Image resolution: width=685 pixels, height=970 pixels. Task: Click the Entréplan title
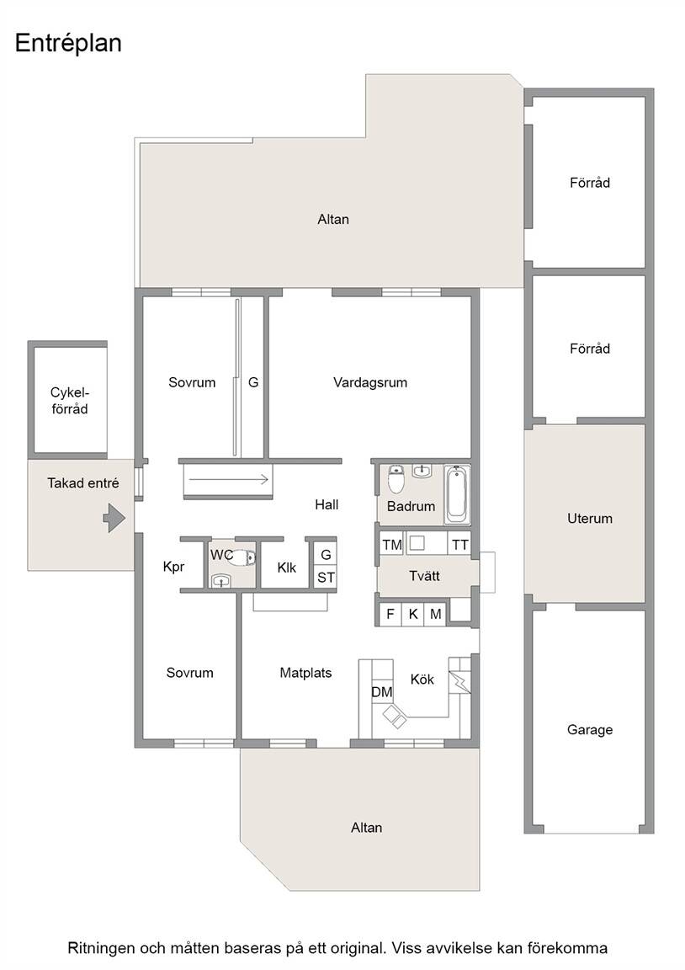[68, 43]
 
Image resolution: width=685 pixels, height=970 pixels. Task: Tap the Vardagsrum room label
[370, 382]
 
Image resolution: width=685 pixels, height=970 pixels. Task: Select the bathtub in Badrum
[458, 494]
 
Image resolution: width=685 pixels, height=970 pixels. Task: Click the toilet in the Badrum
[396, 479]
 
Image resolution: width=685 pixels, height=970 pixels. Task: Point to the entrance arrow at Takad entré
[114, 517]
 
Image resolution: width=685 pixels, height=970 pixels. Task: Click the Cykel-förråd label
[70, 401]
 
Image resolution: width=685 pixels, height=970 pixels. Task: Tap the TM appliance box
[392, 545]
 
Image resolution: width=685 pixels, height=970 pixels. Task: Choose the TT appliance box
[460, 545]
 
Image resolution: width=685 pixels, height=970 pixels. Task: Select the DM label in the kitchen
[382, 691]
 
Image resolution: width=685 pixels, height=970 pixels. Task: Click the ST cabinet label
[326, 577]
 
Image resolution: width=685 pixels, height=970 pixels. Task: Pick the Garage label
[590, 730]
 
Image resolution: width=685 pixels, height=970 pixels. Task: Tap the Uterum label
[590, 519]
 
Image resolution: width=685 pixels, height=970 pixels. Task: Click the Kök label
[422, 680]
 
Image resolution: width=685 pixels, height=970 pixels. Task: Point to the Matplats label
[305, 673]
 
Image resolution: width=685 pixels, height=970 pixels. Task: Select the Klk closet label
[287, 568]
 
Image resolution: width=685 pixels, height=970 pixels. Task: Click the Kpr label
[173, 567]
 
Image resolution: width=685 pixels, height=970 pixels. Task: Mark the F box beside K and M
[390, 615]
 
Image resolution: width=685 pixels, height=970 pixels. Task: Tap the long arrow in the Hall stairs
[230, 479]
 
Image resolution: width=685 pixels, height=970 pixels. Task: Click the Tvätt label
[424, 576]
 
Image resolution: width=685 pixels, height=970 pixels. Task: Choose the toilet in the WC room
[241, 557]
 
